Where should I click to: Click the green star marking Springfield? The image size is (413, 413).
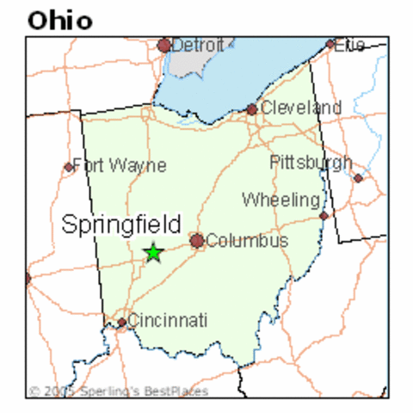click(x=153, y=253)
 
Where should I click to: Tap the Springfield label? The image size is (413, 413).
click(x=121, y=225)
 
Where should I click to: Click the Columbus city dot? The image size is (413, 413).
click(x=197, y=241)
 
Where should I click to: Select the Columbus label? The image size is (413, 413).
click(x=247, y=241)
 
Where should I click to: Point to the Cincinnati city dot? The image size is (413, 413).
click(x=122, y=323)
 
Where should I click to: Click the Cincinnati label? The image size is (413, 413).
click(x=168, y=321)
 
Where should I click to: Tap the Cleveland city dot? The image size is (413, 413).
click(x=251, y=109)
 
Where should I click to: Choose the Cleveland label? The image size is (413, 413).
click(x=300, y=108)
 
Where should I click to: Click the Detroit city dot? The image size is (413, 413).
click(x=164, y=45)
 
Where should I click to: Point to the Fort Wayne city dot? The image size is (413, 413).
click(x=69, y=167)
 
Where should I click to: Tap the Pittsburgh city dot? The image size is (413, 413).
click(x=358, y=178)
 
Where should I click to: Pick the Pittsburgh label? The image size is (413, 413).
click(x=311, y=163)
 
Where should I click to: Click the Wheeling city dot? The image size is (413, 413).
click(x=324, y=215)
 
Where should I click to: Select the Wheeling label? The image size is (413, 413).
click(x=280, y=200)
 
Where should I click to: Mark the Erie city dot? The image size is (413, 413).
click(x=330, y=44)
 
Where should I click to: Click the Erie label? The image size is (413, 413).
click(x=350, y=44)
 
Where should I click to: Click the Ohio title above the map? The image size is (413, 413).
click(x=59, y=20)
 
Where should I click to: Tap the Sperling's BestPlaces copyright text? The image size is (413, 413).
click(x=118, y=391)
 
